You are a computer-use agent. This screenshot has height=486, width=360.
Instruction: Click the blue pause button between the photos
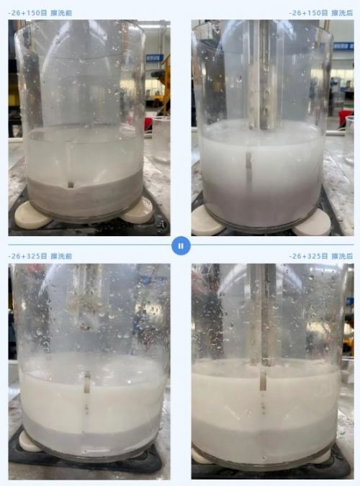click(x=181, y=246)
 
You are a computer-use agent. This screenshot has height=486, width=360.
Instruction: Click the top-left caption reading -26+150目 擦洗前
click(x=40, y=13)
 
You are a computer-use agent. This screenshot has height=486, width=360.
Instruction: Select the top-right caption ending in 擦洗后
click(x=321, y=13)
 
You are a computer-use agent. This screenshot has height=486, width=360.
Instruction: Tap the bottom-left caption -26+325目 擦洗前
click(x=40, y=256)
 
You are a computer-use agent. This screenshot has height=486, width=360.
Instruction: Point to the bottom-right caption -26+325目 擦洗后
click(x=321, y=256)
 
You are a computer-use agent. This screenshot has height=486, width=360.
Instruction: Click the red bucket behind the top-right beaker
click(x=345, y=118)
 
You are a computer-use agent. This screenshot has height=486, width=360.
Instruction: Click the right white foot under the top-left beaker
click(x=138, y=211)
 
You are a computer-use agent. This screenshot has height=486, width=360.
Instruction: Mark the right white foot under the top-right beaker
click(x=313, y=224)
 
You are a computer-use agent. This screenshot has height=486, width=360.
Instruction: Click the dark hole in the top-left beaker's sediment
click(x=71, y=185)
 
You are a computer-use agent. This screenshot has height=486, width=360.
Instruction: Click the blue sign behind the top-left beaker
click(x=154, y=58)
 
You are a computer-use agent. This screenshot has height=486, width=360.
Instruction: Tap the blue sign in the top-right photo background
click(x=343, y=46)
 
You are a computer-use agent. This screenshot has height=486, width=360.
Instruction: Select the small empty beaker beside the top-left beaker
click(x=161, y=139)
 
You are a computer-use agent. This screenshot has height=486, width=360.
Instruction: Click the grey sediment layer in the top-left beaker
click(x=84, y=195)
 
